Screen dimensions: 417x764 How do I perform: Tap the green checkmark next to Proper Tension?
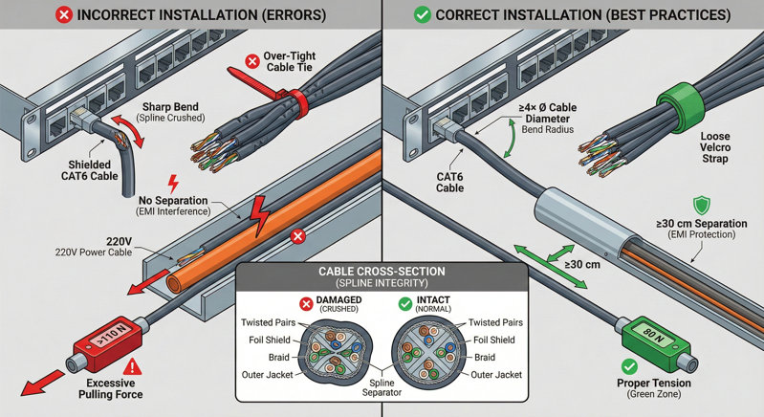pos(629,365)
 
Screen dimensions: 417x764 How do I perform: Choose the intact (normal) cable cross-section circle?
pos(437,351)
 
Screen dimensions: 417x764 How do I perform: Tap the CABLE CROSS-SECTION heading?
pos(382,273)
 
